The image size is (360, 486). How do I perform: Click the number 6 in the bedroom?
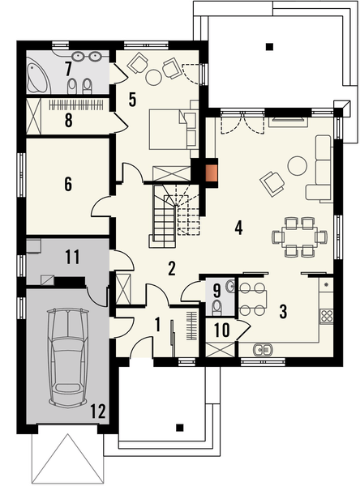coord(68,184)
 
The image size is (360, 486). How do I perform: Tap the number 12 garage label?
coord(98,411)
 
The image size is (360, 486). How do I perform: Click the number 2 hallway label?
coord(172,268)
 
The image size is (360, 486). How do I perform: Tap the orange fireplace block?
coord(212,171)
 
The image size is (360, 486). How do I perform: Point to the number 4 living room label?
coord(238,227)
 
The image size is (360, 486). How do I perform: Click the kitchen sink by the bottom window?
coord(262,350)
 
